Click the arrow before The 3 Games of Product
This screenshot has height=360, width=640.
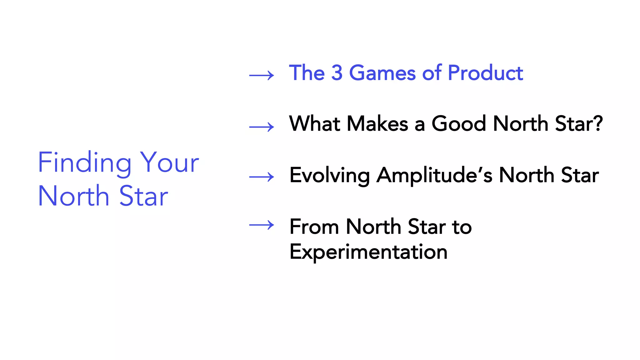[x=262, y=75]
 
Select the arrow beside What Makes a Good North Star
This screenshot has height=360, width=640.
[x=262, y=127]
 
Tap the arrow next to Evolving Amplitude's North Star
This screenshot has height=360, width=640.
[x=262, y=177]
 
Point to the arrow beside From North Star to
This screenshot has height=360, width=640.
[x=262, y=225]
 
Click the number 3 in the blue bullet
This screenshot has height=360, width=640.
[x=337, y=73]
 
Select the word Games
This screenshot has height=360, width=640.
[x=382, y=73]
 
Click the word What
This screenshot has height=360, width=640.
[x=314, y=123]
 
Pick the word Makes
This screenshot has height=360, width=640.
[x=377, y=123]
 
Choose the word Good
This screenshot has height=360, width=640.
[x=459, y=123]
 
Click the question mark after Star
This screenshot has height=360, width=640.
[x=597, y=123]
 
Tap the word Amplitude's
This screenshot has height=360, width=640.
[x=434, y=176]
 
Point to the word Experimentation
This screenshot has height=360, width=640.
[x=368, y=252]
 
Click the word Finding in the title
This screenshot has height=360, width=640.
[x=84, y=162]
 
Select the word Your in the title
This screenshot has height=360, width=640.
[x=169, y=162]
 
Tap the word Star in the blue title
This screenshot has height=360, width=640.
[x=143, y=196]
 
